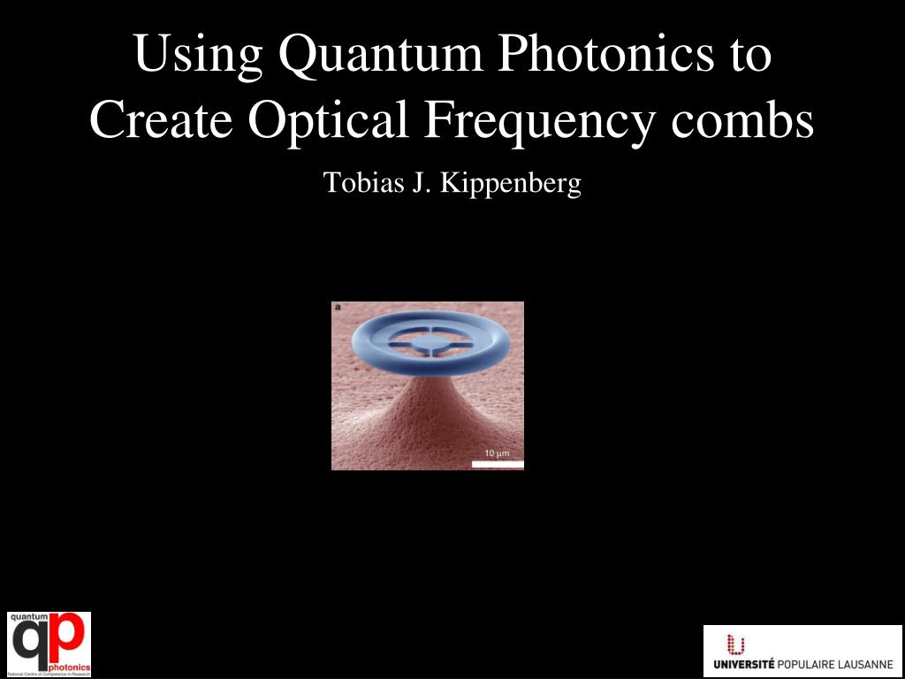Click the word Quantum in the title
381,55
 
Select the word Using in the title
198,55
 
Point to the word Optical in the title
328,121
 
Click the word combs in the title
742,121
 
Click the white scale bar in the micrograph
498,463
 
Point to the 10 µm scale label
497,454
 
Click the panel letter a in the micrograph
338,308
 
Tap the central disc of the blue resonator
428,340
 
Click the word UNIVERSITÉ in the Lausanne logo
744,664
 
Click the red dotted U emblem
735,645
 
